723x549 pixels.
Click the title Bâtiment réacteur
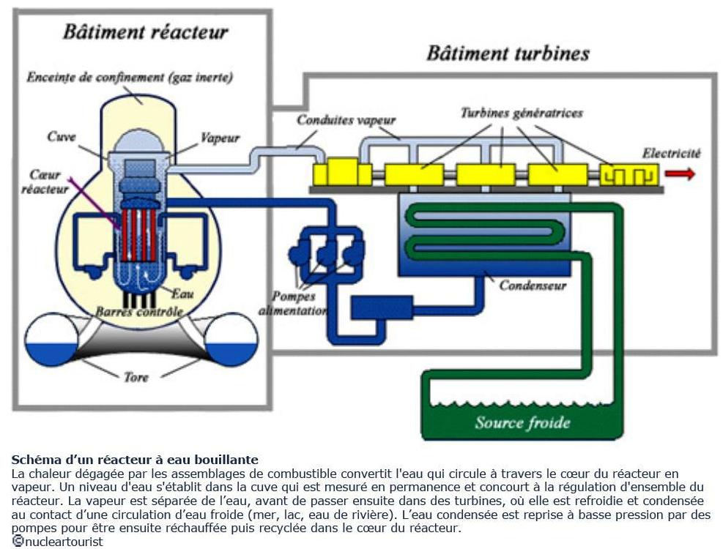pos(145,33)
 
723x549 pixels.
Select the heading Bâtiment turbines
pos(508,54)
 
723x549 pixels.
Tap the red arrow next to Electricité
pos(681,173)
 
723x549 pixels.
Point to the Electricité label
pos(671,153)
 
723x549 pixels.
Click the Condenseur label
pos(533,285)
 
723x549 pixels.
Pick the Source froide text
pos(522,422)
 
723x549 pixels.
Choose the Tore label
pos(136,377)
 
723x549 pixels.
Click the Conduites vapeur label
pos(346,120)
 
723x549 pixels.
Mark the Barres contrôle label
pos(139,312)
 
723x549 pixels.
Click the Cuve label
pos(62,137)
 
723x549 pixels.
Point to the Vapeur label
pos(220,138)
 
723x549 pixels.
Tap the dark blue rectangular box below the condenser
pos(381,307)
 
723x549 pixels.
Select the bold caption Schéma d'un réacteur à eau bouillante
pos(135,460)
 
